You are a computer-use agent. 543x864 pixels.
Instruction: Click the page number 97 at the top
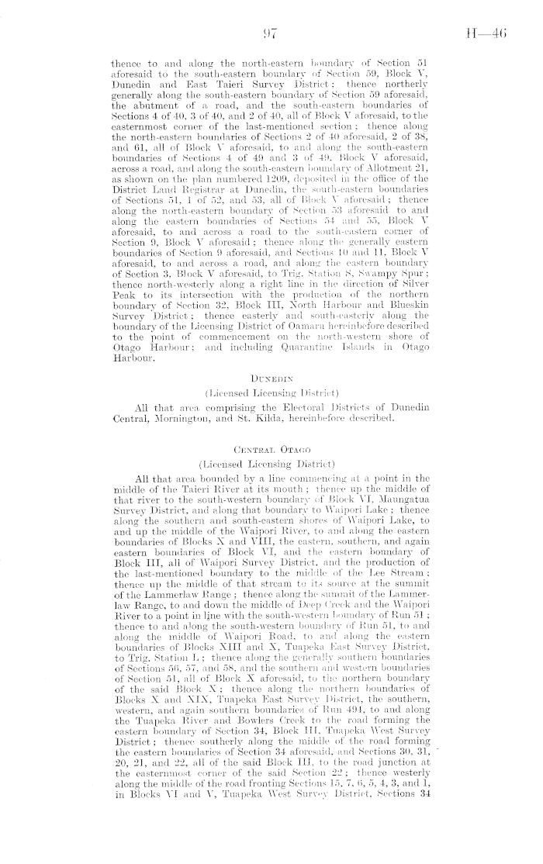[x=271, y=33]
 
